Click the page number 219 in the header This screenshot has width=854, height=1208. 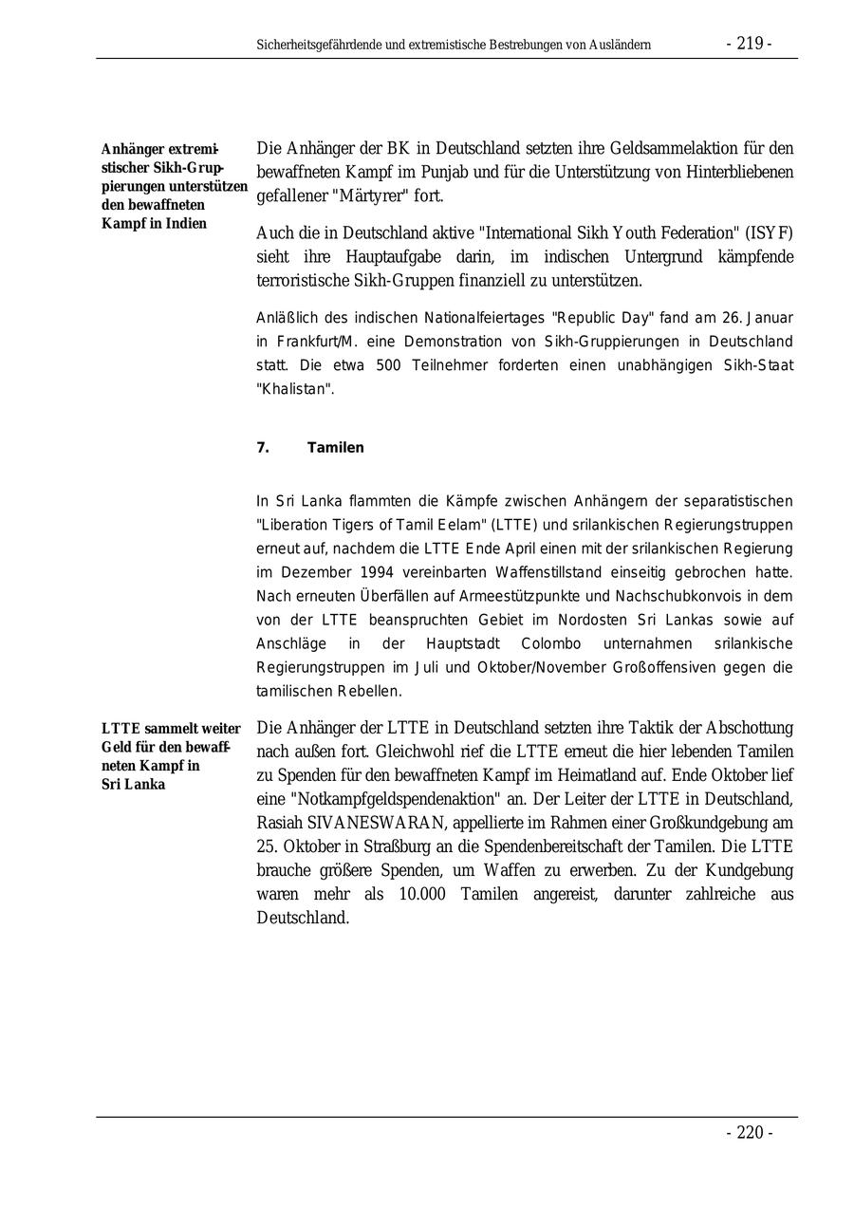750,44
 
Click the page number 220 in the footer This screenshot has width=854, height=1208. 750,1132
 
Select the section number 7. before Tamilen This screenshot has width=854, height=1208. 263,447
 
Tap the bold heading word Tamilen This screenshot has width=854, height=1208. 335,447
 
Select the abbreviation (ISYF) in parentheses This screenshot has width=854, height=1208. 769,233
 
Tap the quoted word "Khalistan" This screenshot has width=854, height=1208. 295,389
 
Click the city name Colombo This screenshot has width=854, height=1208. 538,643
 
